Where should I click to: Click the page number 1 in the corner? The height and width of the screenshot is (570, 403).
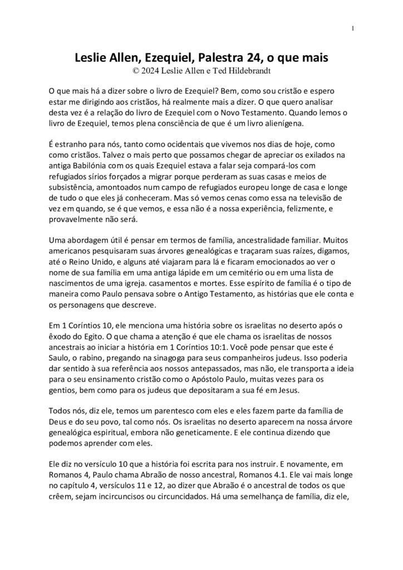[354, 29]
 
